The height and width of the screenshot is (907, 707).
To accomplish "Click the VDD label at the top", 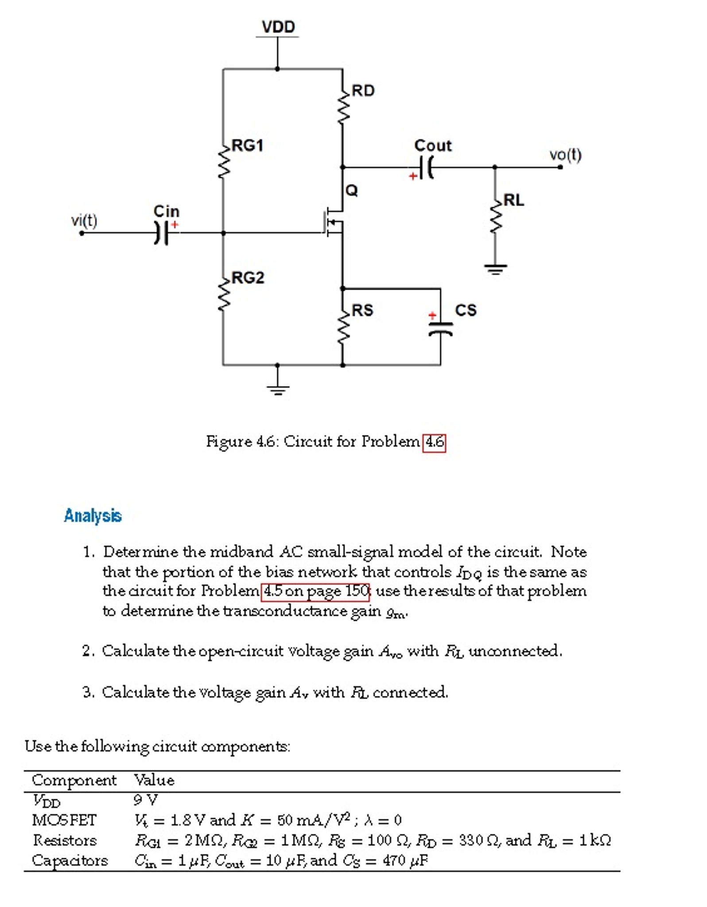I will coord(278,27).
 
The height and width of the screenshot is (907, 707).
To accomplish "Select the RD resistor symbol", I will coord(342,106).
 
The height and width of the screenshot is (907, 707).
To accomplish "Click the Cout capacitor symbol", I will coord(427,167).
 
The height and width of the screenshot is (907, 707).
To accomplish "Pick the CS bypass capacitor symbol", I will coord(440,328).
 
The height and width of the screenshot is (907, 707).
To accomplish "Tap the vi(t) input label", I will coord(84,220).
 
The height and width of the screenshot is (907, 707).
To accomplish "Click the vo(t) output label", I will coord(565,155).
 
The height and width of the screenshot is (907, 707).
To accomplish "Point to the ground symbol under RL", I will coord(495,269).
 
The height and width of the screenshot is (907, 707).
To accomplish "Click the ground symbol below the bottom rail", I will coord(277,389).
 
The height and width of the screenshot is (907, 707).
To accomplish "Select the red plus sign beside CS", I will coord(432,315).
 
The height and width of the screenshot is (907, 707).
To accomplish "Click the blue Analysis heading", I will coord(93,516).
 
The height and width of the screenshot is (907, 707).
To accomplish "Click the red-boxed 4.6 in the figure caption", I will coord(434,442).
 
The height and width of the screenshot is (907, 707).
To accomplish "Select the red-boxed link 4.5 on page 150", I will coord(315,591).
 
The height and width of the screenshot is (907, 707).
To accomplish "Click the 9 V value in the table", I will coord(145,800).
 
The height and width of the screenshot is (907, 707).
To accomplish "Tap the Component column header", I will coord(74,780).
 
